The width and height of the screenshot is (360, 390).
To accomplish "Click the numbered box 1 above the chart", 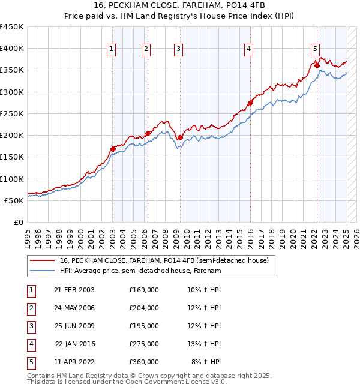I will (x=112, y=50).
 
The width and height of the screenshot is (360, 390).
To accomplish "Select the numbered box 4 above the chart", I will (x=248, y=50).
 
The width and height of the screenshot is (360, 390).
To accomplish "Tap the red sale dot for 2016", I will (x=251, y=103).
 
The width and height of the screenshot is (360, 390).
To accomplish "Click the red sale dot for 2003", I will (x=113, y=149).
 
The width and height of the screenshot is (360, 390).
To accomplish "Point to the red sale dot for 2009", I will (x=180, y=137).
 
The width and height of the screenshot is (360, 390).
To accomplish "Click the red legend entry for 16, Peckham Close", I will (x=167, y=260).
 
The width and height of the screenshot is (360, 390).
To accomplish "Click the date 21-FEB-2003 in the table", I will (x=74, y=290).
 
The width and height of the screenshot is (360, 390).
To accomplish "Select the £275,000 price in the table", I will (x=144, y=344).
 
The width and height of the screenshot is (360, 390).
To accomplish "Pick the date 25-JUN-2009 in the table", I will (x=74, y=326).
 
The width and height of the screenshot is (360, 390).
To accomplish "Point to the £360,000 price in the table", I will (x=144, y=362).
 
